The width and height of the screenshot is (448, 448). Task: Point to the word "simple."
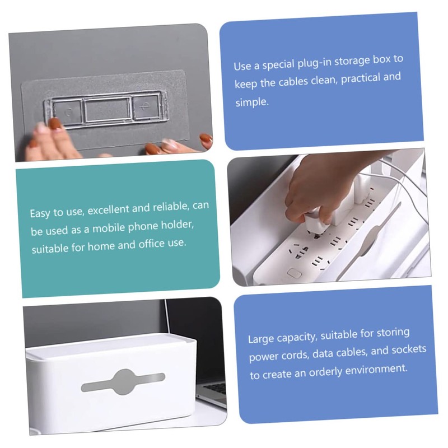click(x=253, y=102)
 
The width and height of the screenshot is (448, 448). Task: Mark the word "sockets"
click(x=408, y=349)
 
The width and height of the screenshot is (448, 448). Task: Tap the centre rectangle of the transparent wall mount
click(x=107, y=109)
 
